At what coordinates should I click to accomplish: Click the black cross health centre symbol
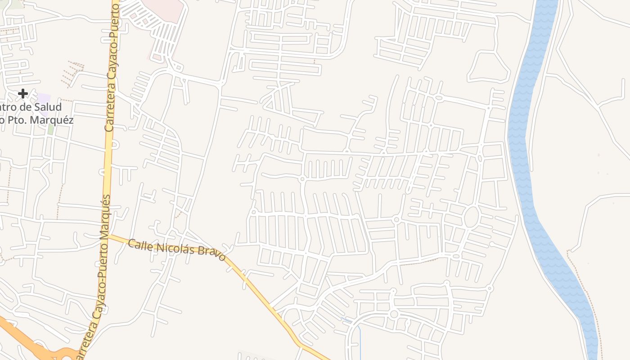[23, 94]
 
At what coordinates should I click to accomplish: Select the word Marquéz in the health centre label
[56, 120]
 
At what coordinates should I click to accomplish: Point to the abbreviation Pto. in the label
[22, 120]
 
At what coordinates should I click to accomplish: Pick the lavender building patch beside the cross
[44, 99]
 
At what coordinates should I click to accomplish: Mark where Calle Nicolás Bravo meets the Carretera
[107, 235]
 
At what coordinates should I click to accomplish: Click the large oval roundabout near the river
[471, 217]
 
